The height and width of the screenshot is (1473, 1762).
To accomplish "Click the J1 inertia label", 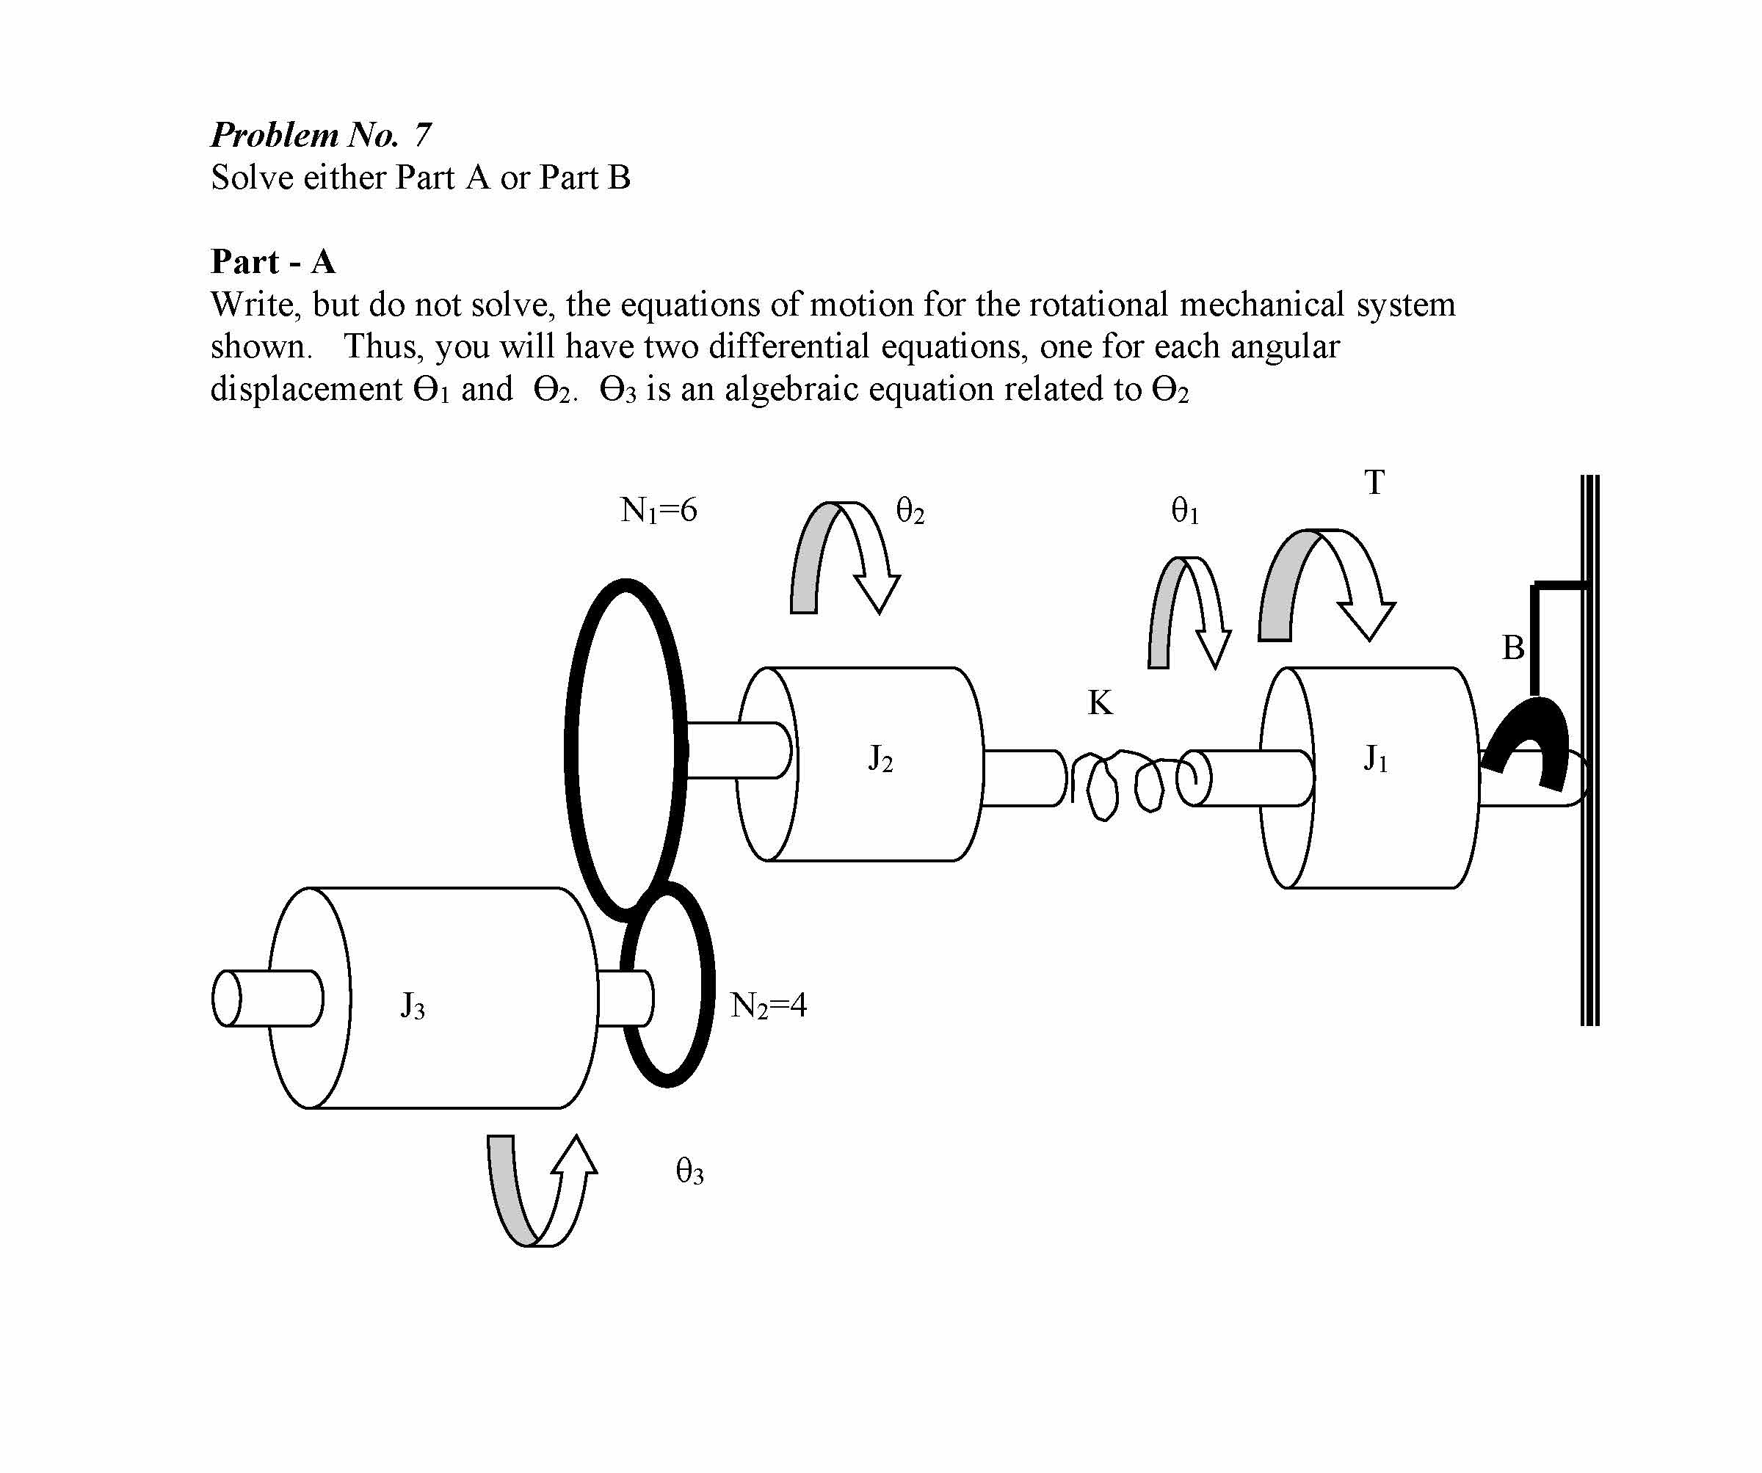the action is click(1376, 759).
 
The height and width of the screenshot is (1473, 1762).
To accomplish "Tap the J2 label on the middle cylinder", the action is click(880, 759).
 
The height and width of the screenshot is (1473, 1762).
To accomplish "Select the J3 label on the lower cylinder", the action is click(412, 1005).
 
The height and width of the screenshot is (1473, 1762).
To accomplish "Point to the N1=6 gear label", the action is click(659, 510).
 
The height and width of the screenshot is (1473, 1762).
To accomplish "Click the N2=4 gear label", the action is click(769, 1005).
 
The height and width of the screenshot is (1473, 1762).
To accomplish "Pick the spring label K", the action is click(1100, 703).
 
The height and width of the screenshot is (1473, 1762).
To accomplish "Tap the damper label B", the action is click(1513, 647).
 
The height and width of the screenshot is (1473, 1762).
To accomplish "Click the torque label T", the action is click(1374, 482).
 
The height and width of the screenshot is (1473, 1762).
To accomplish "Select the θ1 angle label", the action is click(1185, 511).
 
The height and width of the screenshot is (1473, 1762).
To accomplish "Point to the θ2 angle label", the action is click(910, 511).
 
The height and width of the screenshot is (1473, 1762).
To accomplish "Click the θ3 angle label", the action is click(689, 1171).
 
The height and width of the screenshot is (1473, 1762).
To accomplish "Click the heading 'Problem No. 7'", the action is click(322, 134).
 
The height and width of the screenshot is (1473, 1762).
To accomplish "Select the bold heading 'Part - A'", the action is click(272, 262).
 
